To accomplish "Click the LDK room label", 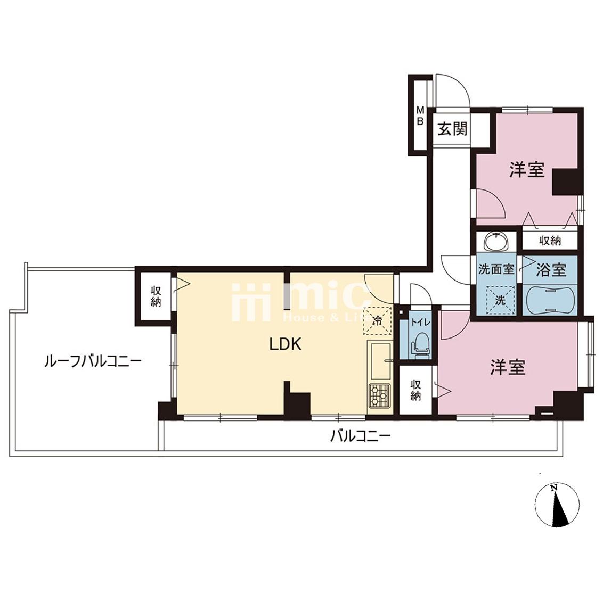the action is tap(285, 344).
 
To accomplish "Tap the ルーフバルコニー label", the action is tap(93, 361).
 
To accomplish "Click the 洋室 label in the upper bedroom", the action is tap(527, 169).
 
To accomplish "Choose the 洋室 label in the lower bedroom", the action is tap(508, 368).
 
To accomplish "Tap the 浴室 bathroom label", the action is tap(551, 270).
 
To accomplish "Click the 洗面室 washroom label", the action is tap(496, 269).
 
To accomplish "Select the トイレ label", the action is tap(421, 323).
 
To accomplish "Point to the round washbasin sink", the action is tap(496, 242).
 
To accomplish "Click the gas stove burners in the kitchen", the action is tap(380, 395).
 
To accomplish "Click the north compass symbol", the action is tap(557, 506).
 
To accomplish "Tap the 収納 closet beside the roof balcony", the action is tap(156, 296).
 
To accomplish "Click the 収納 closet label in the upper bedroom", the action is tap(550, 241).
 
